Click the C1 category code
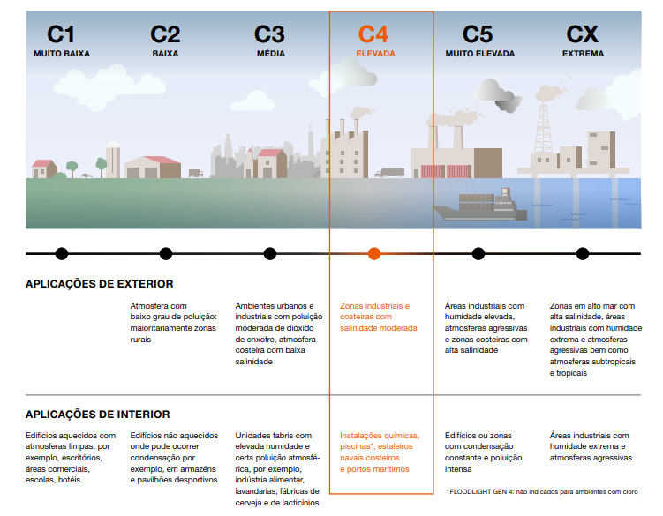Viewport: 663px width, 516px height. tap(61, 34)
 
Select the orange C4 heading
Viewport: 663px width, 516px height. tap(373, 34)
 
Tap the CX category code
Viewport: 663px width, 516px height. tap(583, 34)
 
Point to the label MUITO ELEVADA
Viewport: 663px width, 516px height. tap(480, 54)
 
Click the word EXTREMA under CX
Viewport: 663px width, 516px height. tap(583, 54)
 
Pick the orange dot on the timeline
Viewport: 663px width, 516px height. tap(374, 253)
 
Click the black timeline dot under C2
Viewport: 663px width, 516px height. tap(166, 253)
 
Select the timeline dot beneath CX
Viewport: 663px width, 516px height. tap(583, 253)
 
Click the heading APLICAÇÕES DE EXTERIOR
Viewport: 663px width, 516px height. tap(100, 283)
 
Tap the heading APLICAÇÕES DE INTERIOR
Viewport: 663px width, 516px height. tap(98, 415)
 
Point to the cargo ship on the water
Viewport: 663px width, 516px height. tap(480, 205)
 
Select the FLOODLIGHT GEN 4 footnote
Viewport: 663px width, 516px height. tap(542, 491)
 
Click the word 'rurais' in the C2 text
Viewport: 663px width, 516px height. tap(140, 340)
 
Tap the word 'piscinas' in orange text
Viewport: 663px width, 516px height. tap(355, 446)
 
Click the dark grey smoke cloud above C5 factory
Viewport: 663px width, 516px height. tap(508, 105)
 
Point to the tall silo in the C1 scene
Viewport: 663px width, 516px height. tap(113, 160)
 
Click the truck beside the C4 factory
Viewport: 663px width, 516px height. tap(389, 173)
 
